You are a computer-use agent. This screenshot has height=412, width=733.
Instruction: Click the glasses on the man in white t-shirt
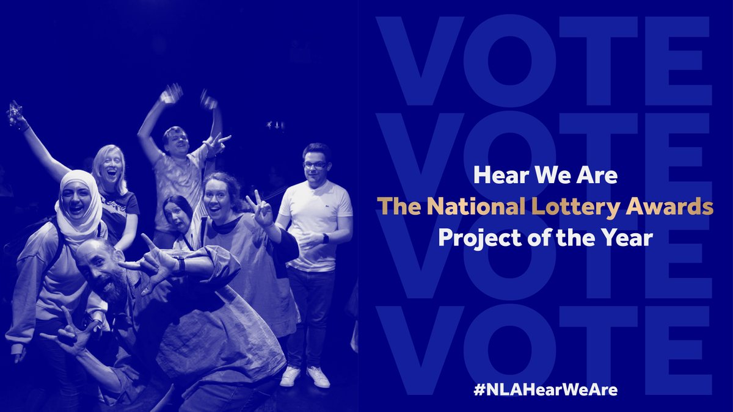[315, 164]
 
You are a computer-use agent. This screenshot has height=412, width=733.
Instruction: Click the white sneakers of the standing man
[305, 377]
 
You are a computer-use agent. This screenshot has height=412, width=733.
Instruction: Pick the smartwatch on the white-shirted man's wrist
[324, 238]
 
